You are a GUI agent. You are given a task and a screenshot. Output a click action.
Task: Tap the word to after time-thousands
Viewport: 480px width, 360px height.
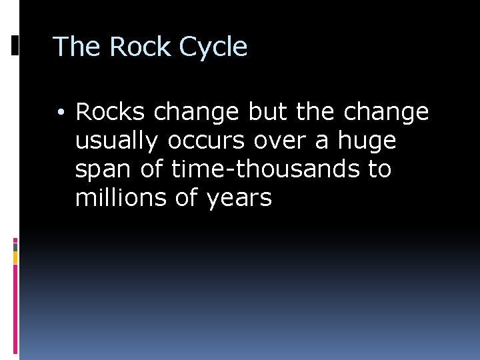[379, 169]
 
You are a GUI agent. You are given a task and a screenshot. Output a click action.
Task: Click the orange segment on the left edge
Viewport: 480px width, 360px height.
[15, 257]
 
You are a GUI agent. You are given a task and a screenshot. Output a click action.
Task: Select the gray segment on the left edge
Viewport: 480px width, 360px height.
[15, 246]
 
